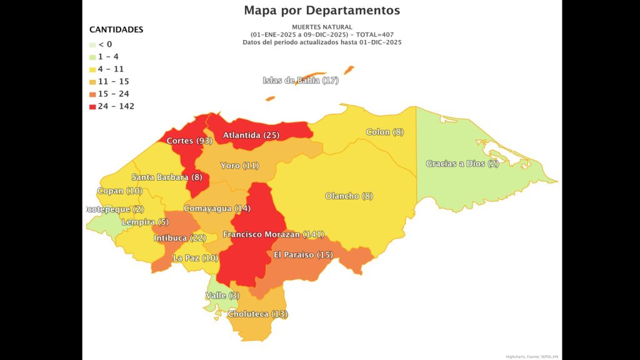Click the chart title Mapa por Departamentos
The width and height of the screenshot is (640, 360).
click(x=322, y=10)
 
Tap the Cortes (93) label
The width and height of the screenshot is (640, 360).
click(x=189, y=141)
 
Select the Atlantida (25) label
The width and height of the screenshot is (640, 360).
click(x=251, y=135)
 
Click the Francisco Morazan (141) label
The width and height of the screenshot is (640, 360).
click(x=273, y=234)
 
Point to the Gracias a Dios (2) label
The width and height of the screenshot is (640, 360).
click(x=462, y=164)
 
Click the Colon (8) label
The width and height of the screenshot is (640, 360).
click(x=384, y=132)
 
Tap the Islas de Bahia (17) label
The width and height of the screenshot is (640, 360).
click(x=300, y=81)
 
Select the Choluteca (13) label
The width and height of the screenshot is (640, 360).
click(x=257, y=314)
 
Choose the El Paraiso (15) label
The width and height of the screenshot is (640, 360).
click(x=303, y=254)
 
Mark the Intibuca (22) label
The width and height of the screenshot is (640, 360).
click(x=179, y=238)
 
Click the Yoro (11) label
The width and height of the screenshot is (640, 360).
click(x=239, y=166)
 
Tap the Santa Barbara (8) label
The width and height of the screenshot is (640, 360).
click(x=166, y=177)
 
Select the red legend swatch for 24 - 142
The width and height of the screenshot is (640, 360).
click(x=92, y=106)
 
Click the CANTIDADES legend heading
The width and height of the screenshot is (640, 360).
click(x=116, y=29)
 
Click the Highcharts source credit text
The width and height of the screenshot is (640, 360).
click(x=531, y=356)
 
